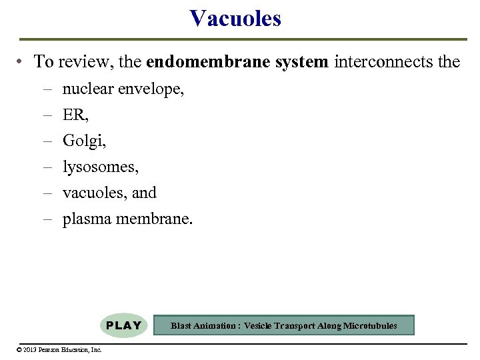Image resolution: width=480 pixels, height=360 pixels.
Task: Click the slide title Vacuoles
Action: tap(235, 18)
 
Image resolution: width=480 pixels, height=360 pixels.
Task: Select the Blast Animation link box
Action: tap(284, 325)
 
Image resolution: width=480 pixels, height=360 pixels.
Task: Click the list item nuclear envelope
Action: tap(123, 89)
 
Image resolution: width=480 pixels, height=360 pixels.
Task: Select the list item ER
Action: tap(75, 115)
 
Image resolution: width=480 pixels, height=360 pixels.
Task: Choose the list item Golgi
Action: tap(84, 141)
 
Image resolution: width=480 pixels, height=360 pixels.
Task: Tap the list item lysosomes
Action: tap(100, 167)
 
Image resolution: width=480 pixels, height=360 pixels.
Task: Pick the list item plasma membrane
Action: tap(127, 219)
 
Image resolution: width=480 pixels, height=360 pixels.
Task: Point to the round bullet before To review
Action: tap(22, 63)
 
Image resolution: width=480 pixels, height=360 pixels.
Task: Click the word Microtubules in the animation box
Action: tap(370, 326)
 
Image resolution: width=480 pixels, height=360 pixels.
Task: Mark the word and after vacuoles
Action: tap(144, 193)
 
